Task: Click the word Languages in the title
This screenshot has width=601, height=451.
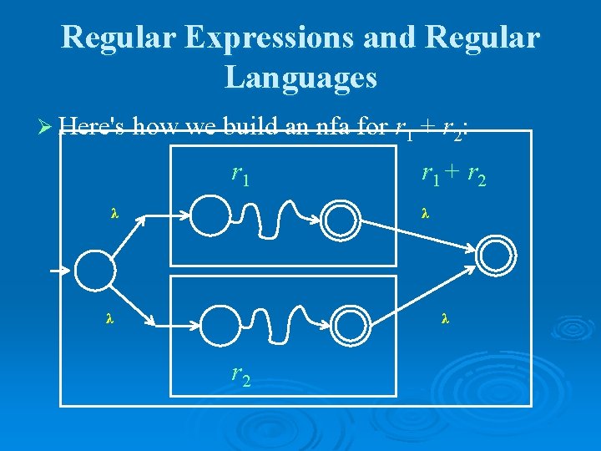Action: (300, 78)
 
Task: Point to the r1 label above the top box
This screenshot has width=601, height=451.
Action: (240, 175)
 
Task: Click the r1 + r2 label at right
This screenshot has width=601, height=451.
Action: (454, 175)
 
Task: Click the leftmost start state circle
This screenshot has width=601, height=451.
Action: (93, 269)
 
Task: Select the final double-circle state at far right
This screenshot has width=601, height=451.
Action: (497, 251)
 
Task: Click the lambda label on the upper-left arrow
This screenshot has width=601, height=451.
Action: (114, 214)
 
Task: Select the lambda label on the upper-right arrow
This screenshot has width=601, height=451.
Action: (425, 214)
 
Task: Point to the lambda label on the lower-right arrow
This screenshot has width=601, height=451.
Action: (444, 318)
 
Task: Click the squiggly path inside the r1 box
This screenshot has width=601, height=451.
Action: (275, 218)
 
